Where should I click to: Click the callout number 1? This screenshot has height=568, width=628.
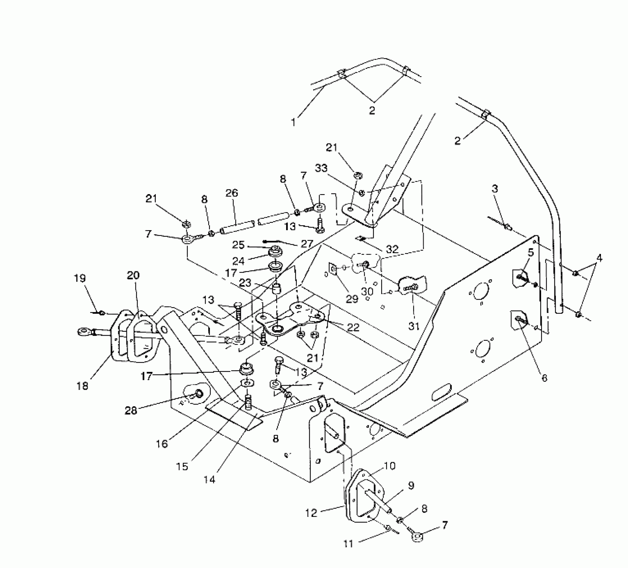[293, 122]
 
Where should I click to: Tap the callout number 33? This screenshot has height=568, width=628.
[321, 168]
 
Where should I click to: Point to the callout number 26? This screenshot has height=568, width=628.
[232, 193]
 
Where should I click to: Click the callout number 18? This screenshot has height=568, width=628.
[82, 386]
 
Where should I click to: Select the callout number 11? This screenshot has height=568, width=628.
[348, 544]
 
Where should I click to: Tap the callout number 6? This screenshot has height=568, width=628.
[544, 378]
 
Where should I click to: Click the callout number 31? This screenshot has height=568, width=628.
[414, 326]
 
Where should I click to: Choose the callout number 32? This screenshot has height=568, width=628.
[392, 249]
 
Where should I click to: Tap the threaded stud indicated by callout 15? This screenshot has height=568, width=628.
[248, 402]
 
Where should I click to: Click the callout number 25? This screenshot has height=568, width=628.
[239, 245]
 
